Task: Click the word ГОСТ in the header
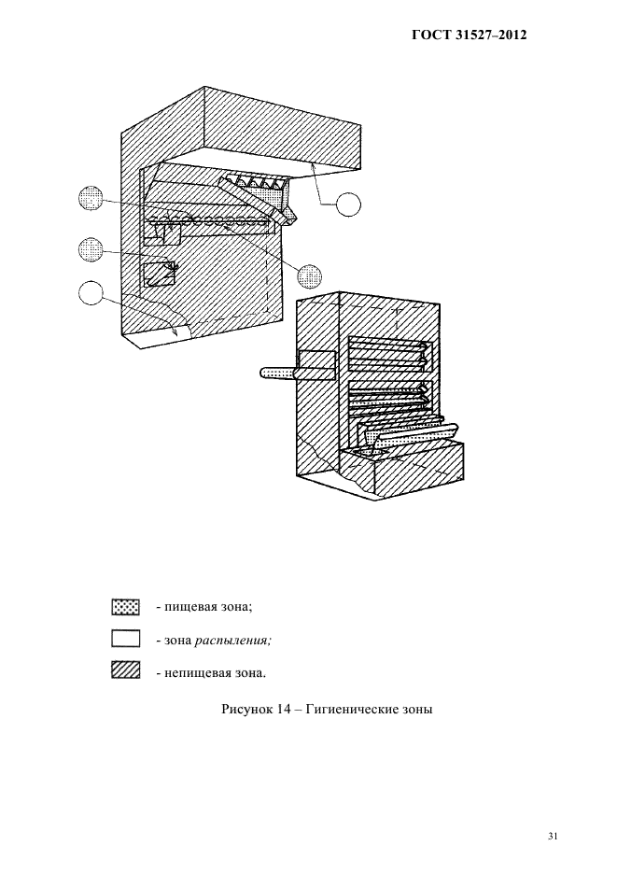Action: point(430,35)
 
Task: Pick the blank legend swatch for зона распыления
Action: point(125,640)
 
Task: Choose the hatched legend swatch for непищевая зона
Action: point(125,671)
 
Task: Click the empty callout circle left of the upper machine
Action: point(91,293)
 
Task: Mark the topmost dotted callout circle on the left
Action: point(91,199)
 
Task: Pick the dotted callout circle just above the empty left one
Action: point(91,250)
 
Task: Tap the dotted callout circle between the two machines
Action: point(309,276)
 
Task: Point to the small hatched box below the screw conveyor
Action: point(159,275)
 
